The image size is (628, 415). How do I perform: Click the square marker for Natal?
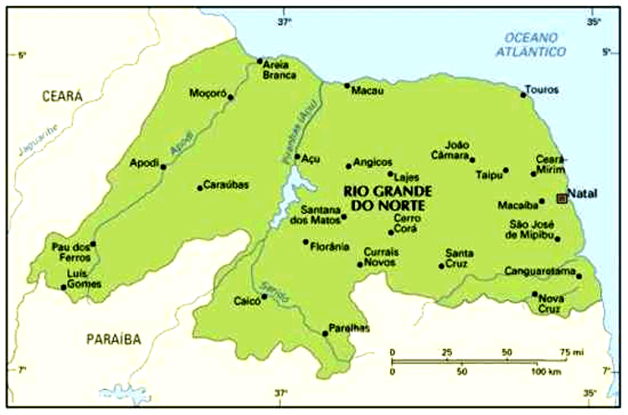[561, 198]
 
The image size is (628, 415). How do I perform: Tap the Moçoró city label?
[208, 92]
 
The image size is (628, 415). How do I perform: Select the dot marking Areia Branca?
[260, 60]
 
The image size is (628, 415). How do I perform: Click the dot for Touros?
[523, 95]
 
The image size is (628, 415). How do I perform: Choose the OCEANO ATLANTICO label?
[536, 44]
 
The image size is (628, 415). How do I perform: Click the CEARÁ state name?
[62, 96]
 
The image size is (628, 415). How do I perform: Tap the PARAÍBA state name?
[113, 339]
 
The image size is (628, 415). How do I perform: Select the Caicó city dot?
[265, 296]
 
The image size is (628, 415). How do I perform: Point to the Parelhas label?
[349, 328]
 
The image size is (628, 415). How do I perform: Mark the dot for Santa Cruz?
[441, 267]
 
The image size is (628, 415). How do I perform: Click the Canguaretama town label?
[540, 272]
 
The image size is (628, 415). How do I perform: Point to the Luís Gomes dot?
[64, 288]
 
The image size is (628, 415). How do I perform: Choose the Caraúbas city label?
[228, 185]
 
